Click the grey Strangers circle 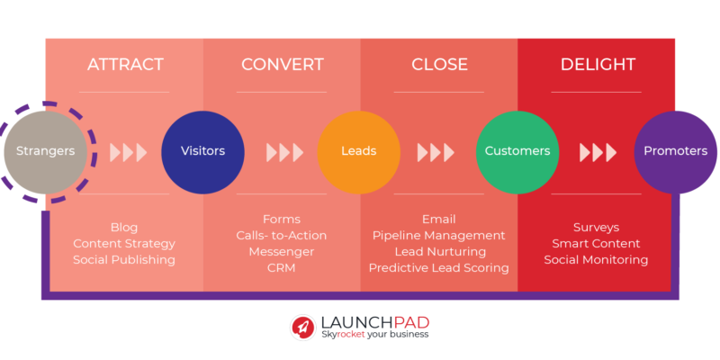(46, 151)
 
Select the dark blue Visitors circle (202, 151)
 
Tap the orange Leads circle (359, 151)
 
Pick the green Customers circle (517, 151)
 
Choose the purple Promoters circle (675, 151)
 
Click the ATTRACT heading (124, 65)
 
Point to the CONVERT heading (282, 65)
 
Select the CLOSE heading (439, 65)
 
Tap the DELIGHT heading (598, 65)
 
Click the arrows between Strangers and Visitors (128, 152)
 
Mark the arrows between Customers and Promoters (598, 152)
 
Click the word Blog (124, 228)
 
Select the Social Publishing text (124, 260)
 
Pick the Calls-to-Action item (282, 236)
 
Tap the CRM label (282, 268)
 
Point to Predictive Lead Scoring (439, 268)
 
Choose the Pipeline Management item (439, 236)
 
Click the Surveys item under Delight (596, 228)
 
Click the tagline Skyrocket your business (375, 334)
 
